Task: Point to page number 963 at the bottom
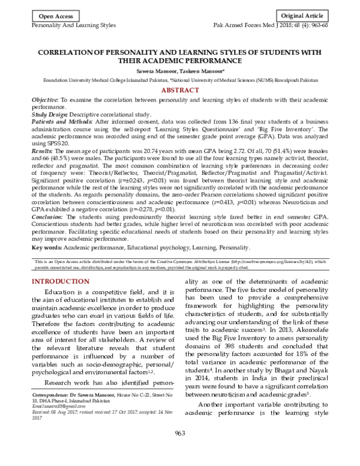[180, 452]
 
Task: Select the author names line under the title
[179, 70]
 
